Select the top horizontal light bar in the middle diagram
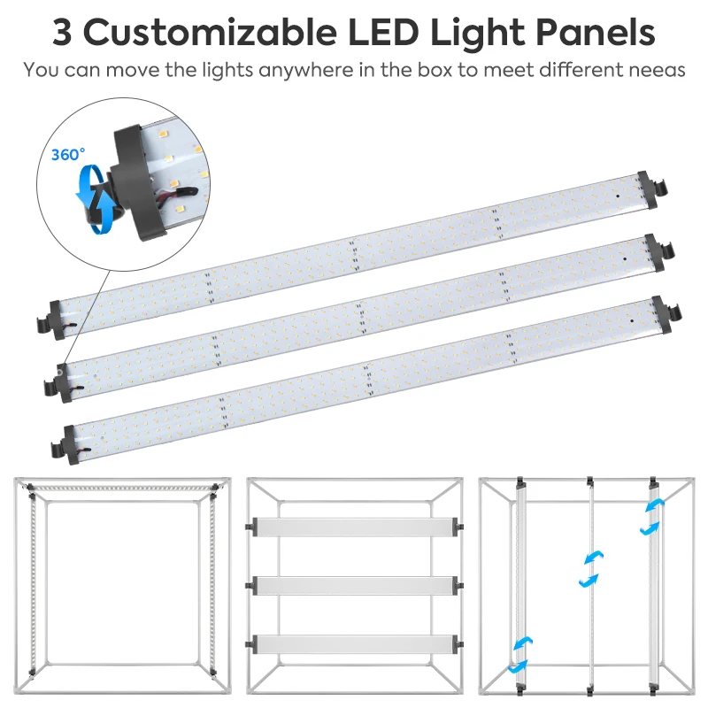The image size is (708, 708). coord(355,525)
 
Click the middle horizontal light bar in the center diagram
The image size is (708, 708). coord(355,584)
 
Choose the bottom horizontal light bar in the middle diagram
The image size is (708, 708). coord(355,643)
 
